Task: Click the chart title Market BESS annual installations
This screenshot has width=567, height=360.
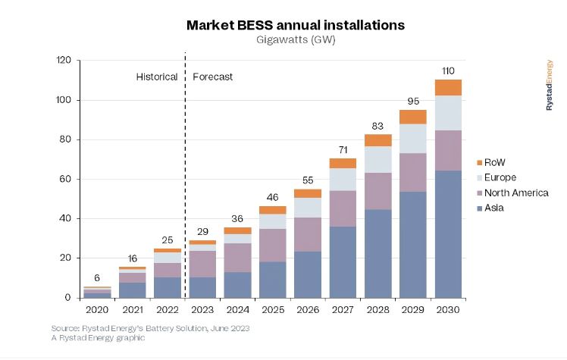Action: pos(296,25)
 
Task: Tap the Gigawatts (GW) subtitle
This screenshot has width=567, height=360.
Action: pos(296,40)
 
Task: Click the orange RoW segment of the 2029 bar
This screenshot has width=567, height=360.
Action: pos(413,117)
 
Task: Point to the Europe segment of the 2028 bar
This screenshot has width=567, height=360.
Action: pos(378,159)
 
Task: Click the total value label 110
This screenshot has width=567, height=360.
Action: pos(449,71)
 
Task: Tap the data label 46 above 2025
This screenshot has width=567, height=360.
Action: pos(273,197)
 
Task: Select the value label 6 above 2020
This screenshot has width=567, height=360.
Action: pos(97,278)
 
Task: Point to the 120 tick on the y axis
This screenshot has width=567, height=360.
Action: pos(63,60)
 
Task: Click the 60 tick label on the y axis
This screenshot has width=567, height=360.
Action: pos(66,179)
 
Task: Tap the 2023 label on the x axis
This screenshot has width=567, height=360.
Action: pos(202,309)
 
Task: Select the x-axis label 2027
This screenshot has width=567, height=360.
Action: pos(343,309)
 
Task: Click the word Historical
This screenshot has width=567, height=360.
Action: pos(157,77)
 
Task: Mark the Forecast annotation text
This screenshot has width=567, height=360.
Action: pos(213,77)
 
